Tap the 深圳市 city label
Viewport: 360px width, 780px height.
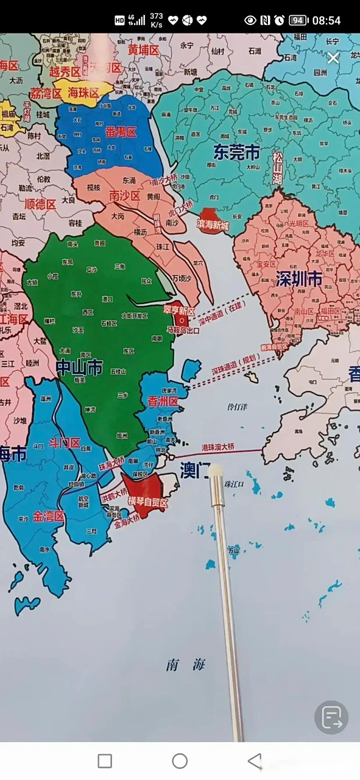click(298, 280)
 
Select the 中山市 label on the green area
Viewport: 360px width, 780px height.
click(79, 366)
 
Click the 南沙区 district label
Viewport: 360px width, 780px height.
click(125, 195)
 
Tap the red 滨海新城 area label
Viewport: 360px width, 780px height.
click(213, 225)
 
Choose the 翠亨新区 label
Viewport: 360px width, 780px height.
click(178, 310)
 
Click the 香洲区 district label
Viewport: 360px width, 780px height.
click(163, 401)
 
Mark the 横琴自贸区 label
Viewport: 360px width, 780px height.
click(147, 501)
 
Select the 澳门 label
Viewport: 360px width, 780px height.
click(194, 469)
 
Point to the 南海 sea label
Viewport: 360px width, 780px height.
click(186, 665)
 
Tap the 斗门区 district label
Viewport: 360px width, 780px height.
click(65, 442)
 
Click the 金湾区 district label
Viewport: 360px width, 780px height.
click(48, 516)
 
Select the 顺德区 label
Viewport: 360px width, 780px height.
click(40, 203)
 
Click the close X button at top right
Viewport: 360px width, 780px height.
click(333, 58)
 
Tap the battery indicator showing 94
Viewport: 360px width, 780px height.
click(297, 20)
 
